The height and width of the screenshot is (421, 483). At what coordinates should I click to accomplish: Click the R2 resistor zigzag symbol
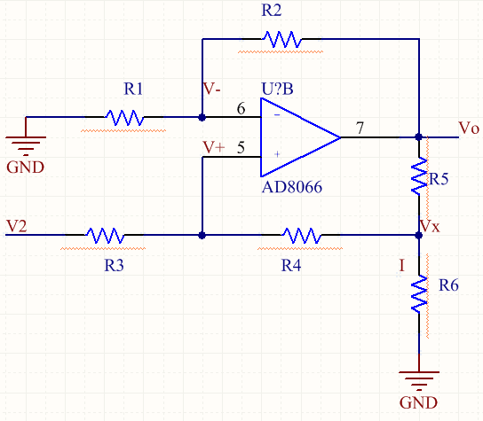point(281,39)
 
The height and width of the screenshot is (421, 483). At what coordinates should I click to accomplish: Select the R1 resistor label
point(133,89)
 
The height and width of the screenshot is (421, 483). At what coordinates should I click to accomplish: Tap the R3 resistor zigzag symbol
point(105,235)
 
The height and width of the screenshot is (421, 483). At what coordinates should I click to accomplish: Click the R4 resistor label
point(291,265)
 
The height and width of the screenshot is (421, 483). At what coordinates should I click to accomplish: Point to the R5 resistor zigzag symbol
point(419,175)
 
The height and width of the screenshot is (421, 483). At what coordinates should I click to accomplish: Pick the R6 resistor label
point(448,285)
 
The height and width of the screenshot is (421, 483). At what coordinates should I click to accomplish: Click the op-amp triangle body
point(300,137)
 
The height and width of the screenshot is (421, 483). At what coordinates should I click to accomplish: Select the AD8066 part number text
point(292,187)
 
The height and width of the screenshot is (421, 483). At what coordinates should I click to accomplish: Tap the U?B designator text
point(277,89)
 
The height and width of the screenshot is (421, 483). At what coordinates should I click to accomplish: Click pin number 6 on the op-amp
point(241,108)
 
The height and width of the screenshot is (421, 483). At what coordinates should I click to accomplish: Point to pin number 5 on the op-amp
point(241,147)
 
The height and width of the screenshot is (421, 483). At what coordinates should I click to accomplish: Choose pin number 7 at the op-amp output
point(360,128)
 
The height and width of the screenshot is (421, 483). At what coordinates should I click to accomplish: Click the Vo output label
point(469,128)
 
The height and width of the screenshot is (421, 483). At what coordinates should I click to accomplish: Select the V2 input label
point(16,226)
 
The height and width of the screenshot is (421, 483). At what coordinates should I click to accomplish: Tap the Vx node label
point(430,226)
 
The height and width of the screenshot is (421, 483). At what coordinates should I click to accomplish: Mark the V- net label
point(212,89)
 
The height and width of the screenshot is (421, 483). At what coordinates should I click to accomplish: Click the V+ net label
point(214,147)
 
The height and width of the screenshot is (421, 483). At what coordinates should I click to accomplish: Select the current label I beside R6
point(401,265)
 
